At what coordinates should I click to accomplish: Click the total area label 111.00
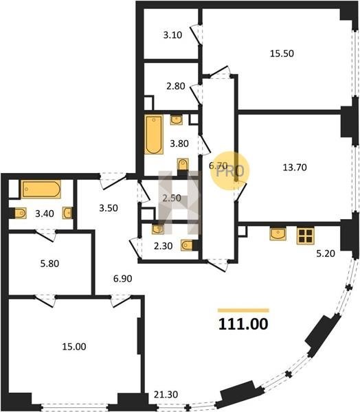coord(243,324)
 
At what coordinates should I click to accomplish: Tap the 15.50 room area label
coord(282,54)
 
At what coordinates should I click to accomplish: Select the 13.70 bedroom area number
coord(295,167)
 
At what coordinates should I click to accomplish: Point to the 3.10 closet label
coord(172,35)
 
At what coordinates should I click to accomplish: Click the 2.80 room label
coord(176,86)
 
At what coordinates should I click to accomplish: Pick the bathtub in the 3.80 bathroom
coord(154,135)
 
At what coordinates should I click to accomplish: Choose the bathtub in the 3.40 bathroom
coord(41,189)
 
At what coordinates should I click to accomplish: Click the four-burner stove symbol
coord(306,236)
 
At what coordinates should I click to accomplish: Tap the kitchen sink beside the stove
coord(278,234)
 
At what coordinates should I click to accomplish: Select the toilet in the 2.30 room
coord(188,245)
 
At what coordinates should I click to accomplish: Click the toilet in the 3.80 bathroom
coord(183,165)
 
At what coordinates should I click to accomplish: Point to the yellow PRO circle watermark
coord(230,171)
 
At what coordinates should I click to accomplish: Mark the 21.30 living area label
coord(166,394)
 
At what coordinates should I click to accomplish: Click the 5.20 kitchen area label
coord(326,253)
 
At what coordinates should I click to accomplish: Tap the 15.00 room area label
coord(74,347)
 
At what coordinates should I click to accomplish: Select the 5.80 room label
coord(49,264)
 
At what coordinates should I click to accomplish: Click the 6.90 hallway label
coord(122,279)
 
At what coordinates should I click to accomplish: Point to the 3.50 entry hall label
coord(109,208)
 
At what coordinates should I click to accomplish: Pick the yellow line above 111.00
coord(243,310)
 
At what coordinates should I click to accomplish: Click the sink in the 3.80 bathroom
coord(176,119)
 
